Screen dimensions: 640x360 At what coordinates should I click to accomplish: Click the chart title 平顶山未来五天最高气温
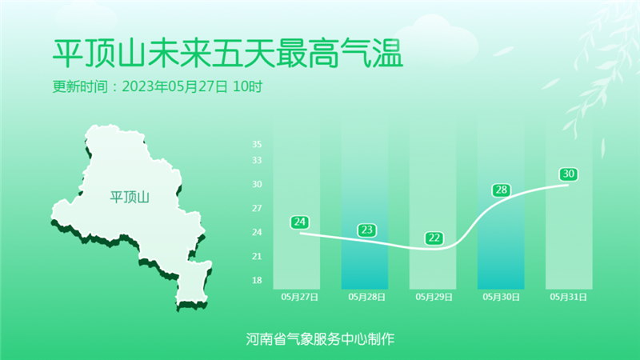tap(228, 54)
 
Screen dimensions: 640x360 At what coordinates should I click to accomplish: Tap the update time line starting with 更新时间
tap(158, 86)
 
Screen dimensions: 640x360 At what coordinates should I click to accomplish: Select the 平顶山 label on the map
tap(130, 197)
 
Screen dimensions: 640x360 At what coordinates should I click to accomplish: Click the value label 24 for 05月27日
tap(299, 222)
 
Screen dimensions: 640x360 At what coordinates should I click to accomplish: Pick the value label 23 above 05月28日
tap(367, 230)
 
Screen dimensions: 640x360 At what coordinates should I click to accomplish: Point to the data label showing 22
tap(434, 238)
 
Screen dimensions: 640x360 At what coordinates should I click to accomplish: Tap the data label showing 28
tap(502, 190)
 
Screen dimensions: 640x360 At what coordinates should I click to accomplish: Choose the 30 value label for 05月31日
tap(569, 174)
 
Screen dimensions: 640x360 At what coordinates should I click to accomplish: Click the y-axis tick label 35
tap(257, 144)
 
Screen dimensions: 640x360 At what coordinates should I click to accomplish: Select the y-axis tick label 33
tap(257, 161)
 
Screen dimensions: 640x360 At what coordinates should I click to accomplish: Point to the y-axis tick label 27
tap(257, 208)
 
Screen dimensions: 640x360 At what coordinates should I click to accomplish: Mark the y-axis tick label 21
tap(257, 256)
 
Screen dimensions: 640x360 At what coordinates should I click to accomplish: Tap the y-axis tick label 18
tap(257, 281)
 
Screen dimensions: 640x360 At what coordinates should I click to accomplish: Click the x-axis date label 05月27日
tap(299, 297)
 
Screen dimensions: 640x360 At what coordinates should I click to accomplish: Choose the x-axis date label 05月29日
tap(434, 297)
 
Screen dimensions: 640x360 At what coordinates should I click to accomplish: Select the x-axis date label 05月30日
tap(502, 297)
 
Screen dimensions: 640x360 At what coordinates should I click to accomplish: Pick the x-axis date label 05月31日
tap(569, 297)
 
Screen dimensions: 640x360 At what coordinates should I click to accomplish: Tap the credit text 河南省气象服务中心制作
tap(320, 338)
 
